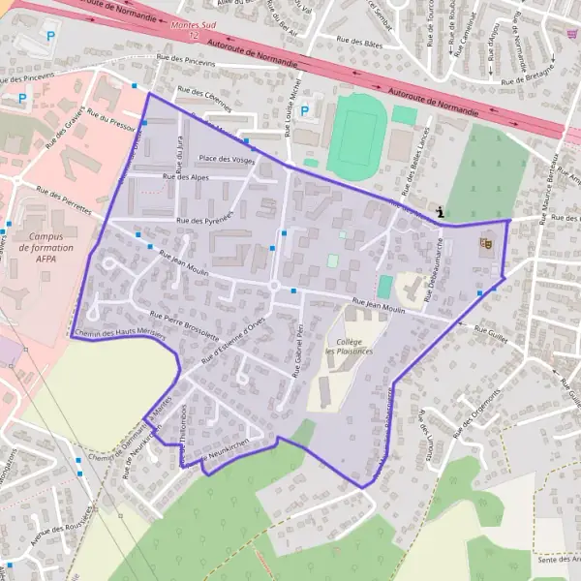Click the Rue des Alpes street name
pos(186,177)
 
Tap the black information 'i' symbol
pos(442,211)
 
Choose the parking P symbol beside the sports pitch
pos(305,111)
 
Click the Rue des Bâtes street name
pos(358,42)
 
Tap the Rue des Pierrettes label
pos(63,200)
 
